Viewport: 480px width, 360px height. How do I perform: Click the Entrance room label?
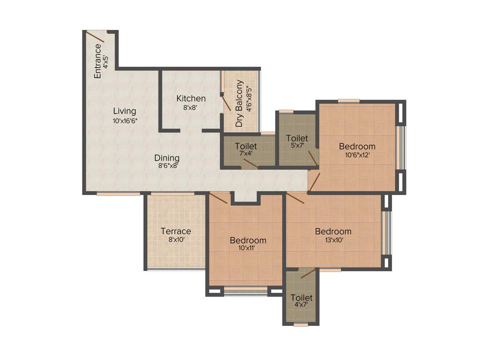[98, 61]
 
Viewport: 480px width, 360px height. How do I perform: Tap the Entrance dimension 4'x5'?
[106, 62]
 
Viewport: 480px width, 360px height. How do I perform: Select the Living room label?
[125, 111]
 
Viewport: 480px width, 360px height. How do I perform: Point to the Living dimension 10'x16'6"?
[125, 120]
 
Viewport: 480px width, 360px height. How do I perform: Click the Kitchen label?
[191, 98]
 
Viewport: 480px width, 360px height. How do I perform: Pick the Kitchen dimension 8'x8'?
[191, 107]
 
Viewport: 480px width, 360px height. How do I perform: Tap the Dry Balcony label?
[240, 104]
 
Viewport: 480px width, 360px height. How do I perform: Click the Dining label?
[167, 158]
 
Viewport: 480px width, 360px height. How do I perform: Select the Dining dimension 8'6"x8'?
[166, 165]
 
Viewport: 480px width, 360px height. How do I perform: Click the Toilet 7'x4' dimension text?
[246, 154]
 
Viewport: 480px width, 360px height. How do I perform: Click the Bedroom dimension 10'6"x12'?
[357, 155]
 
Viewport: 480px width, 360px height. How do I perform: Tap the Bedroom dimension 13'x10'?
[333, 240]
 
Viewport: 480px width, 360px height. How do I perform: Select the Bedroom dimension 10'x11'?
[247, 248]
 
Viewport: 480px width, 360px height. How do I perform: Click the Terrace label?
[176, 231]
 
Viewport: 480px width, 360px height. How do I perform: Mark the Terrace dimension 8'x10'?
[176, 240]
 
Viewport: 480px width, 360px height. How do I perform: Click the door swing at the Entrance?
[95, 37]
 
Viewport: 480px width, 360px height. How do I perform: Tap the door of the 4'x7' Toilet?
[308, 273]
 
